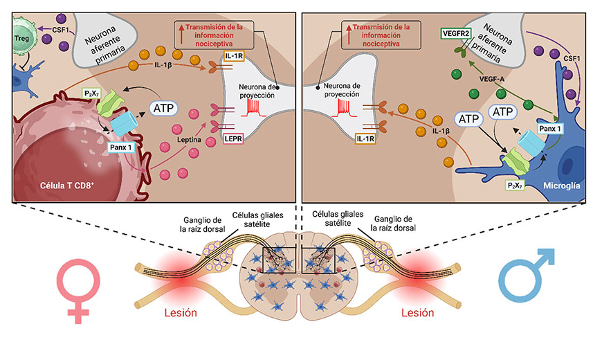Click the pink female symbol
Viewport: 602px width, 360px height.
pyautogui.click(x=79, y=287)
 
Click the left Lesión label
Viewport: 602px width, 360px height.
pyautogui.click(x=180, y=312)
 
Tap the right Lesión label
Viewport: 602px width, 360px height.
pyautogui.click(x=418, y=312)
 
